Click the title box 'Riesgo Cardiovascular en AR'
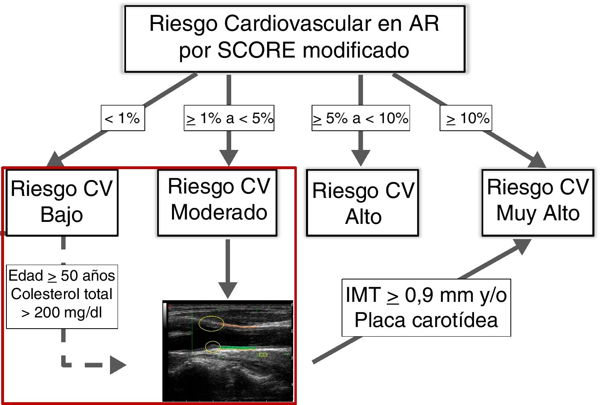295,39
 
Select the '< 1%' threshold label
122,118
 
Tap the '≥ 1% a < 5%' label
229,118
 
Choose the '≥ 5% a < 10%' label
360,118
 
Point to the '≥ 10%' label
466,118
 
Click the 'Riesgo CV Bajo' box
62,203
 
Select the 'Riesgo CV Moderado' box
218,203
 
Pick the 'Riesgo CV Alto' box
362,203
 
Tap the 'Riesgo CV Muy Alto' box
538,203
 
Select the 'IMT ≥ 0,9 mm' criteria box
426,307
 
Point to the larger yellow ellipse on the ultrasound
211,323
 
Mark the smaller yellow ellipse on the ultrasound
213,347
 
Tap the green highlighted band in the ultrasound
238,348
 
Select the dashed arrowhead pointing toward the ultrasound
117,365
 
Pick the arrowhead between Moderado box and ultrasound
228,289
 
